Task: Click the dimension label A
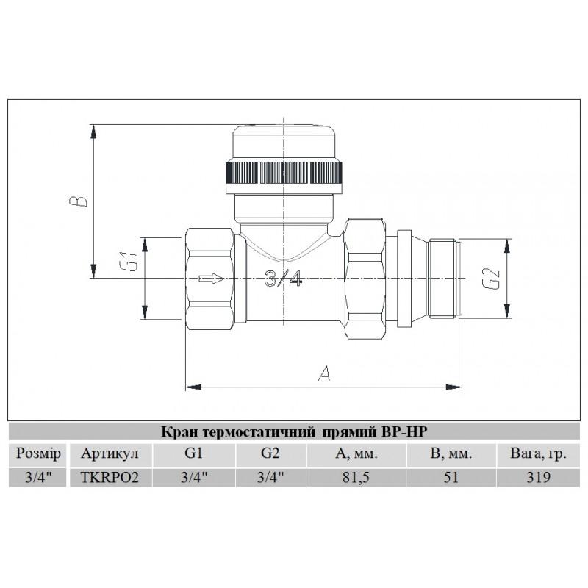point(323,373)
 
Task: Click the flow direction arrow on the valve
point(212,279)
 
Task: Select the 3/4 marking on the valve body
point(283,279)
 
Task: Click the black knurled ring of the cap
point(284,173)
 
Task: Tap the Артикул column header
point(110,453)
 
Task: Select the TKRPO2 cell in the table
point(110,477)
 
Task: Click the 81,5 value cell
point(356,477)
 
